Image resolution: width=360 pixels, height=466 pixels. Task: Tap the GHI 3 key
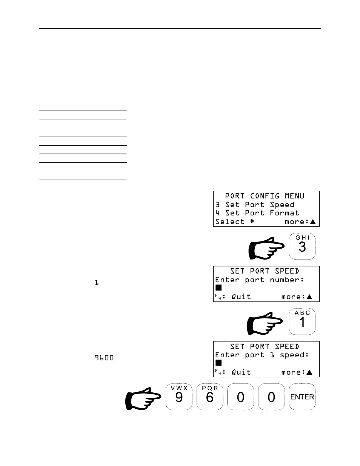coord(302,246)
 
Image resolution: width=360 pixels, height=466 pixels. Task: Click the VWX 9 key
coord(179,397)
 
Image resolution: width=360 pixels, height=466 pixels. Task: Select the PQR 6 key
coord(210,397)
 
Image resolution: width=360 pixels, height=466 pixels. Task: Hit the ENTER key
coord(302,397)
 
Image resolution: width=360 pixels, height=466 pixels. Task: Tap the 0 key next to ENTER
coord(271,397)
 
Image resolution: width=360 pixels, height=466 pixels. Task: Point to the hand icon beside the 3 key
coord(266,248)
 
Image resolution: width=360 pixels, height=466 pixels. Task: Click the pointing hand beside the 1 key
coord(264,323)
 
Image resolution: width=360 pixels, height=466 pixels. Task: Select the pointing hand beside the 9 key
coord(143,398)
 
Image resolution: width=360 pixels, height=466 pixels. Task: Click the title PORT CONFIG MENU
coord(264,196)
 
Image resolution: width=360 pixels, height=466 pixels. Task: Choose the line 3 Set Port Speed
coord(255,205)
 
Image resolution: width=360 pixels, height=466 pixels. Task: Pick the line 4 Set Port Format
coord(257,213)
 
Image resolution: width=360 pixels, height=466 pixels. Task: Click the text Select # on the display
coord(235,222)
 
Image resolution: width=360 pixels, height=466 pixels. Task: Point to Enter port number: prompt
coord(260,280)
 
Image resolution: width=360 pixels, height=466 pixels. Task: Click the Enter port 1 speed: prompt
coord(262,355)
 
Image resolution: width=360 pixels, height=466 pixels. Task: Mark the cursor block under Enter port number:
coord(218,288)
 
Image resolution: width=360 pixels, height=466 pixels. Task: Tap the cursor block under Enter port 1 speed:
coord(218,363)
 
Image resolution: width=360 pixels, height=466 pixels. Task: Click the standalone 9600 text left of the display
coord(104,358)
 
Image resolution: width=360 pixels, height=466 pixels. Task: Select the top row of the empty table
coord(83,115)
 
